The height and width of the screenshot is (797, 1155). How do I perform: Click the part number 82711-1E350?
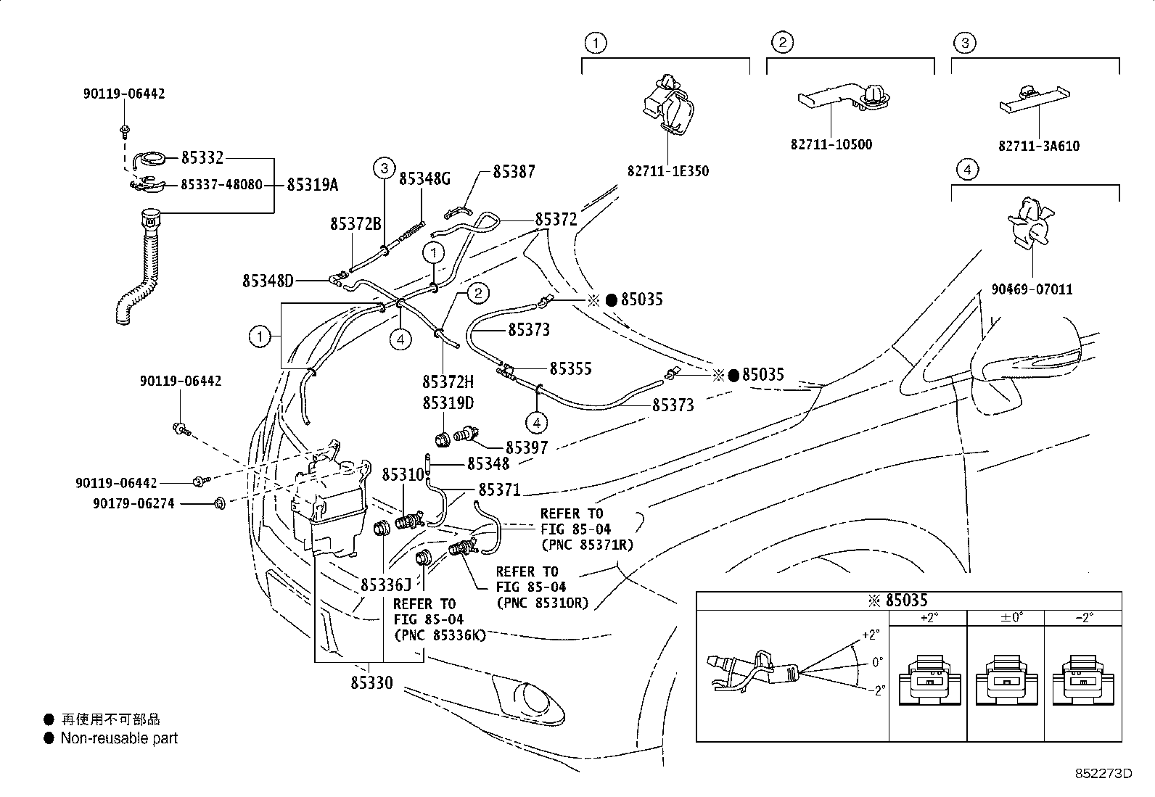click(x=667, y=172)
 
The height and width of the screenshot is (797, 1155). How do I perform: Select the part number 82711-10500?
click(x=831, y=144)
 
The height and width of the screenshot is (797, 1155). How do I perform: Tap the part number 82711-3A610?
click(x=1038, y=146)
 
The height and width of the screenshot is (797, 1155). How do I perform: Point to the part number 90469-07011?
click(x=1031, y=289)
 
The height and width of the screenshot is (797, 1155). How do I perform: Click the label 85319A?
click(x=312, y=185)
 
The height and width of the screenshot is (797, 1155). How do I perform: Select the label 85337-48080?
click(x=221, y=185)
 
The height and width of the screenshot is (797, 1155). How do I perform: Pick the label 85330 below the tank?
click(x=371, y=683)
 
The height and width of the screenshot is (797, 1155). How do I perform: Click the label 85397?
click(x=527, y=448)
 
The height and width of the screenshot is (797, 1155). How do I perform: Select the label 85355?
click(x=570, y=368)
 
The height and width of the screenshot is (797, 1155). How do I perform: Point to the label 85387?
click(x=514, y=172)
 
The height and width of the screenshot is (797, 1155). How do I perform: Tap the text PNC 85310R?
click(x=542, y=603)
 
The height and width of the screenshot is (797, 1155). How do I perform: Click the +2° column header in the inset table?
click(x=928, y=618)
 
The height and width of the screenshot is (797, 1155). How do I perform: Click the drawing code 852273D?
click(x=1103, y=773)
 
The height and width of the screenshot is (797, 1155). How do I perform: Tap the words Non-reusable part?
click(x=118, y=738)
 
